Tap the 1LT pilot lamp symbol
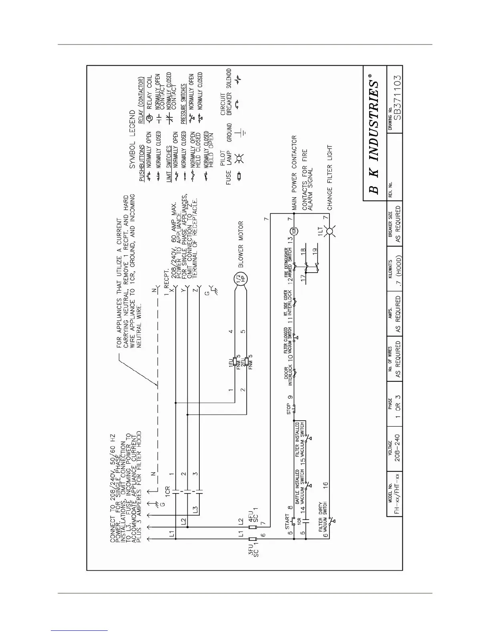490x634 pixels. (x=330, y=231)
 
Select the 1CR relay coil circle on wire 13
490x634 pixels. (x=294, y=231)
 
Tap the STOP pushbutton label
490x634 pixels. (x=289, y=408)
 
